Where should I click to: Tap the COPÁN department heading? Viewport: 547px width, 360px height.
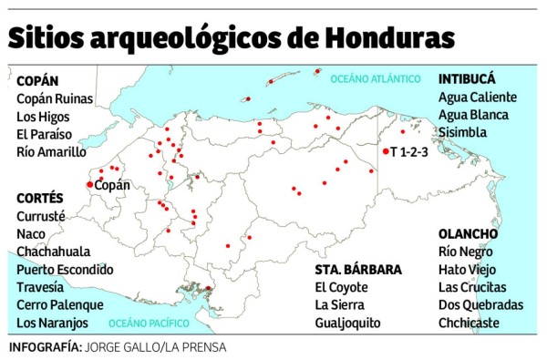37,80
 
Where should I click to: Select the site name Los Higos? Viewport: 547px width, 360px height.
45,116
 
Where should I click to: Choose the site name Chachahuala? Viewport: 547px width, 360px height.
54,252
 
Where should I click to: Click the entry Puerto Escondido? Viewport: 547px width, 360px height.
65,269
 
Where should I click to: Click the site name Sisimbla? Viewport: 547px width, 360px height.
462,132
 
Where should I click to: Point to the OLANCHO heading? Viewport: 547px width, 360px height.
468,233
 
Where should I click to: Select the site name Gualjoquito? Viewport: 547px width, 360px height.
347,323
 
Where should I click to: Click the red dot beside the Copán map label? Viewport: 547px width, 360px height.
89,185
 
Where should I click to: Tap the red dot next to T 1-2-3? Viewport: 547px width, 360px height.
386,151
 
